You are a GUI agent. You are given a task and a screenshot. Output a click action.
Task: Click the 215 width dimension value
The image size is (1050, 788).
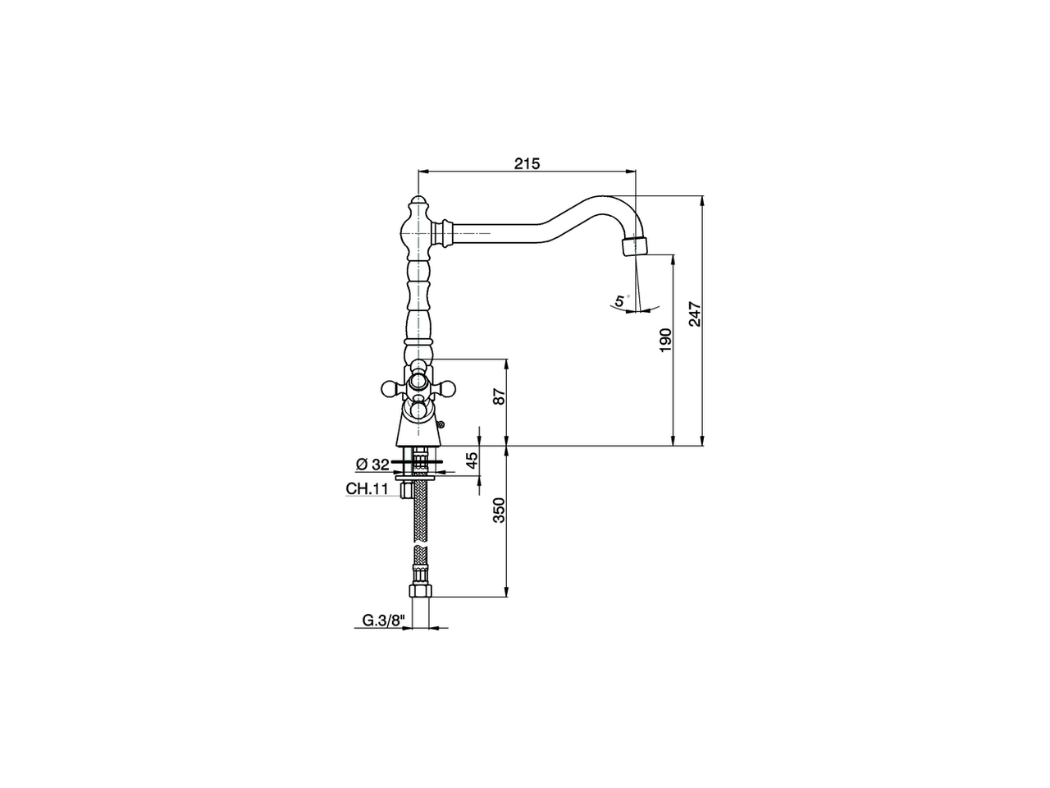pos(527,163)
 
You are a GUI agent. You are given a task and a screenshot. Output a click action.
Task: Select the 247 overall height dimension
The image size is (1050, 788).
pos(695,314)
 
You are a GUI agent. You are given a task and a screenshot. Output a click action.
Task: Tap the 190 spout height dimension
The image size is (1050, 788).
pos(665,340)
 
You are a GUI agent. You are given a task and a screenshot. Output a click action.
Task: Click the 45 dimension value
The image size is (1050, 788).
pos(472,460)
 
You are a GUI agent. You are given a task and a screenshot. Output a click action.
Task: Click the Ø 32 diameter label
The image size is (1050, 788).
pos(372,465)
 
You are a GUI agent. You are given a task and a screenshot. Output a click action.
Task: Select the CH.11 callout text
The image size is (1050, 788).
pos(366,489)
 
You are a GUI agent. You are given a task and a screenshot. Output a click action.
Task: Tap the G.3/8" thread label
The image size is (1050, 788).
pos(384,621)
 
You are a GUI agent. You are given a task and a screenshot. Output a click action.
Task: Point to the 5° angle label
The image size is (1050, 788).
pos(621,301)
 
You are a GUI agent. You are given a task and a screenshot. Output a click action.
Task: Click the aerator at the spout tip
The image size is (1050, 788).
pos(634,245)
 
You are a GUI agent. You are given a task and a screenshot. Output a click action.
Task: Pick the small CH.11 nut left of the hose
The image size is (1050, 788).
pos(404,491)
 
